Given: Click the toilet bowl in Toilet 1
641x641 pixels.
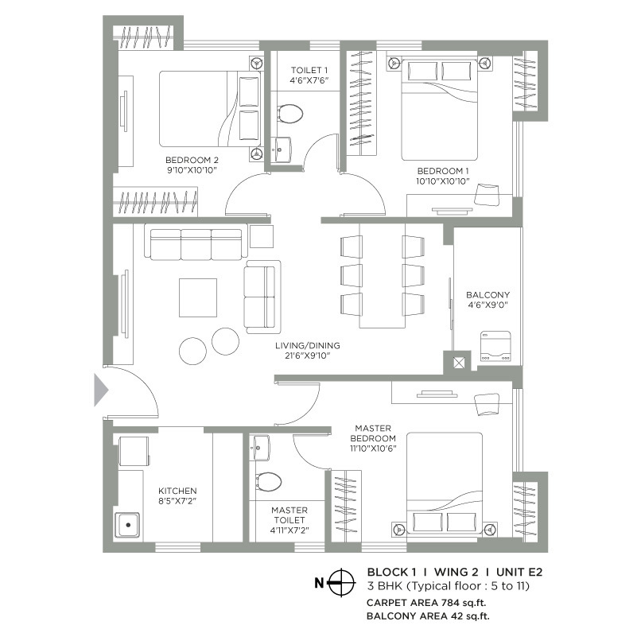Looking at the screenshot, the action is coord(289,113).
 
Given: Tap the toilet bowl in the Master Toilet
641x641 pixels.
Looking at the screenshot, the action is coord(269,481).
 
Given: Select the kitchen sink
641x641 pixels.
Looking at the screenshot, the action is coord(127,525).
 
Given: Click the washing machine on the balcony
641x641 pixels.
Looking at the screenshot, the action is coord(495,346).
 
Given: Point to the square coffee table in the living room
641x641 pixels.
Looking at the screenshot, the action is coord(198,297).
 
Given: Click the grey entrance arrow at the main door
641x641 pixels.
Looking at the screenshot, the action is coord(101,390).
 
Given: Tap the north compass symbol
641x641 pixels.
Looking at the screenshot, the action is coord(342,582).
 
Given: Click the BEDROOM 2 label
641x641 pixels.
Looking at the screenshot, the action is coord(192,160).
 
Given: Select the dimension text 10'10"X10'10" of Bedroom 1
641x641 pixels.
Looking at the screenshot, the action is coord(443,181).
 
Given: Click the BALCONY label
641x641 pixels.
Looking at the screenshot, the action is coord(488,295).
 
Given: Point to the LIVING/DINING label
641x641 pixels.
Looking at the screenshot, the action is coord(308,345).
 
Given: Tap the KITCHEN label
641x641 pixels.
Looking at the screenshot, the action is coord(177,491).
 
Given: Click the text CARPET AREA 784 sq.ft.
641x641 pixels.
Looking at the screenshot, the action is coord(426,602).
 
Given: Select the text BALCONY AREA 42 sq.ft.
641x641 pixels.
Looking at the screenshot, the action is coord(428,616).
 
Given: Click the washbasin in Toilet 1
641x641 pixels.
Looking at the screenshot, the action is coord(281,150).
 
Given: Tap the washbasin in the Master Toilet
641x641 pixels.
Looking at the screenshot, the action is coord(261,448).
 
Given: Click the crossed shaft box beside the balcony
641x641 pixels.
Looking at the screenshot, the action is coord(459,363).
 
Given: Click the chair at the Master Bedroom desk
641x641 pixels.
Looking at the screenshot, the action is coord(487,404).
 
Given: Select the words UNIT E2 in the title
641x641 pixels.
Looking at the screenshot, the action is coord(519,572).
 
